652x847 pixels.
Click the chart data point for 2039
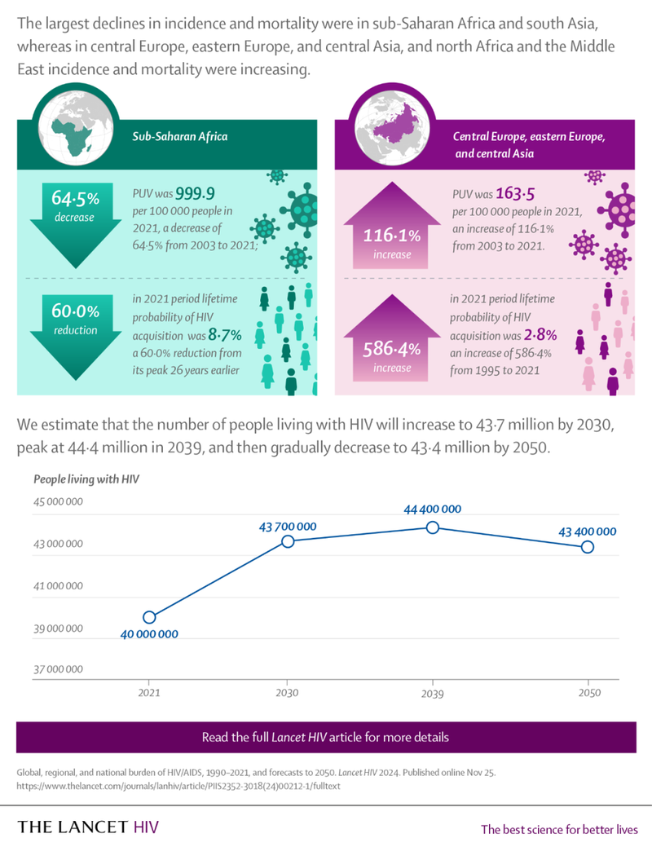coord(433,527)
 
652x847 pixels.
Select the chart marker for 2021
coord(149,617)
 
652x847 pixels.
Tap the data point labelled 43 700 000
coord(288,541)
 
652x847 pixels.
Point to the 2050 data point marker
coord(587,547)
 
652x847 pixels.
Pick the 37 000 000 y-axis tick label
coord(58,669)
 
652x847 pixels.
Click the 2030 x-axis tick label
coord(287,693)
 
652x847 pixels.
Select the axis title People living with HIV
coord(86,479)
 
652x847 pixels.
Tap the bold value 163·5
coord(513,194)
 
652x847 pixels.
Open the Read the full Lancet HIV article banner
coord(326,737)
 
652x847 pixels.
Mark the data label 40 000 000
coord(149,633)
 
